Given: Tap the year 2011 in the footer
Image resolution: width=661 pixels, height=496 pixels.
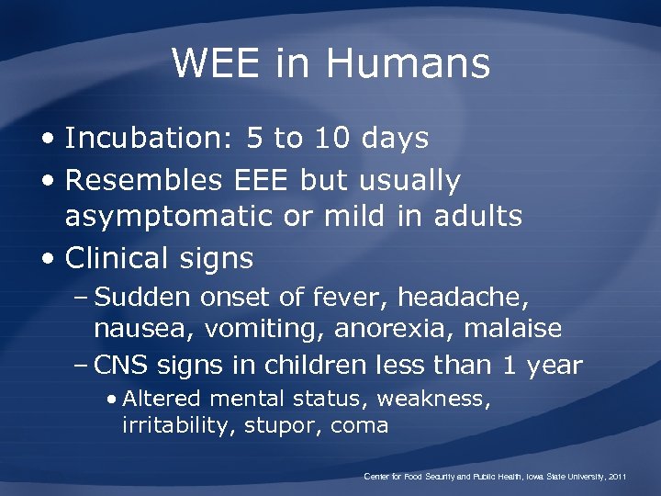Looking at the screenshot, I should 613,477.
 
